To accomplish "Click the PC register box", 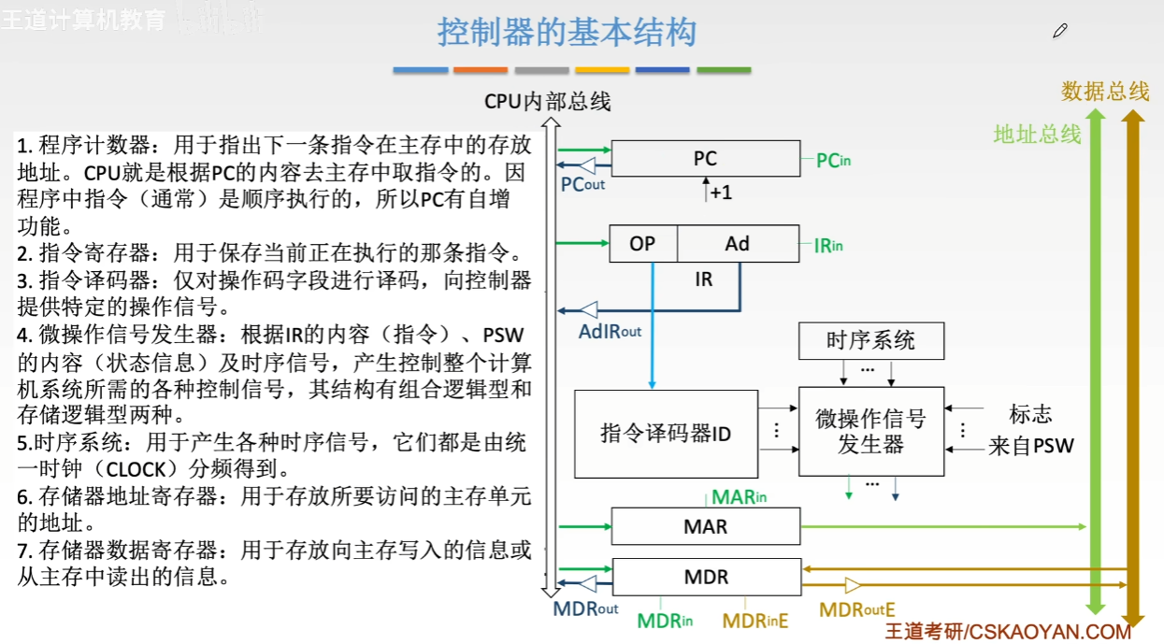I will (705, 159).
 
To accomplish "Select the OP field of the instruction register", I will (642, 244).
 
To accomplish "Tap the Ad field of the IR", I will (738, 244).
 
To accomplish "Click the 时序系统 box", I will (870, 341).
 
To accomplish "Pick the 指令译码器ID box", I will (665, 434).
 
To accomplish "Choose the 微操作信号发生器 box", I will (870, 431).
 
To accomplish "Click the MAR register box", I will (705, 526).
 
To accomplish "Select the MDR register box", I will (705, 577).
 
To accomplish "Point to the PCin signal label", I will (833, 161).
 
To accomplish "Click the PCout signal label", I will (582, 184).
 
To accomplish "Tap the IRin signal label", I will (827, 246).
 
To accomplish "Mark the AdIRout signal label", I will (610, 331).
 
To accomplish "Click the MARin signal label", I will (739, 497).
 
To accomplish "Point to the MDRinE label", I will (755, 620).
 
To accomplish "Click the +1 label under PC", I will (720, 193).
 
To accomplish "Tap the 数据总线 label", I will (1105, 92).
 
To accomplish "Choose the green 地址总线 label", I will (1037, 135).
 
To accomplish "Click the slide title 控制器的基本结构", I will (568, 34).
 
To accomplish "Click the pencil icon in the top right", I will (1059, 32).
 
